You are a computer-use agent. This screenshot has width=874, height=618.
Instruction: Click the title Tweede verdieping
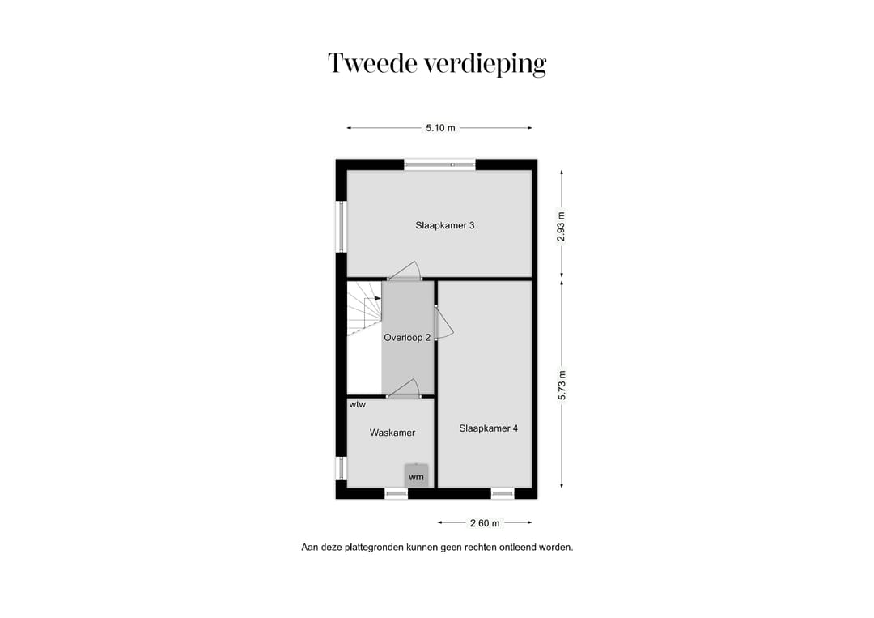pyautogui.click(x=437, y=63)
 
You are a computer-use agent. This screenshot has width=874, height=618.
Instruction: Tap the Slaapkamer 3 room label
pyautogui.click(x=445, y=225)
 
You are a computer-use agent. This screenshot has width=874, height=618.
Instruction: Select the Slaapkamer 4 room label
pyautogui.click(x=488, y=428)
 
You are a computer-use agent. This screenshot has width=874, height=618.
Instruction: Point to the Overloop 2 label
pyautogui.click(x=407, y=338)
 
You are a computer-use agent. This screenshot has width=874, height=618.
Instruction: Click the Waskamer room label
pyautogui.click(x=392, y=433)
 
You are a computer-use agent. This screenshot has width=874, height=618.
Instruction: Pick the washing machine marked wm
pyautogui.click(x=416, y=476)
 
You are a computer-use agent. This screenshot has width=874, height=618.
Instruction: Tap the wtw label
pyautogui.click(x=357, y=404)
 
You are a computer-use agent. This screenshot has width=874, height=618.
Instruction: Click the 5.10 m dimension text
pyautogui.click(x=440, y=128)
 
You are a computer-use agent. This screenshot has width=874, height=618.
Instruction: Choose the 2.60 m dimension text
pyautogui.click(x=486, y=523)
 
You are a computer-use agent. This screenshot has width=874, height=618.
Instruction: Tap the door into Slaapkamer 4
pyautogui.click(x=443, y=322)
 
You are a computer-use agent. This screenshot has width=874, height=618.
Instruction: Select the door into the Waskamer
pyautogui.click(x=404, y=390)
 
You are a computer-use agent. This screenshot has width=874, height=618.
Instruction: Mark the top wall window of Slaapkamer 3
pyautogui.click(x=440, y=164)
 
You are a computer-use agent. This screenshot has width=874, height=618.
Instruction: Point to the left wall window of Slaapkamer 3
pyautogui.click(x=342, y=226)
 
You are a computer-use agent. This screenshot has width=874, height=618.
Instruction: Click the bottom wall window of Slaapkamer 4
pyautogui.click(x=503, y=492)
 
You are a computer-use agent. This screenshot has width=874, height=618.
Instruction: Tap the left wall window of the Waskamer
pyautogui.click(x=342, y=468)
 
